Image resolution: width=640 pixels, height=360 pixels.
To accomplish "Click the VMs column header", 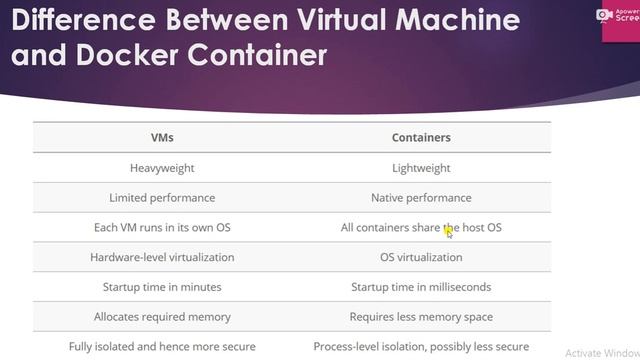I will (x=161, y=138).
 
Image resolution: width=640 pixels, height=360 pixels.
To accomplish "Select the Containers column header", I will (x=421, y=138).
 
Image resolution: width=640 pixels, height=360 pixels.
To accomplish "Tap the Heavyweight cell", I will (x=162, y=168).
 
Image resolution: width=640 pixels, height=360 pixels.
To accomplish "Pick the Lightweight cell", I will (x=421, y=168).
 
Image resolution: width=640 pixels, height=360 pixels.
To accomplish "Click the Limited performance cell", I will (x=162, y=198).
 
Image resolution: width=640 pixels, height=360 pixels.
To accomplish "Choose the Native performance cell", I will (x=421, y=198).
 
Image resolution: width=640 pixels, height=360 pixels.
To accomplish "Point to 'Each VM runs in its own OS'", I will (x=162, y=228).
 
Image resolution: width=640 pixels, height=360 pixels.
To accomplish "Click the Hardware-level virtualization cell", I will (x=162, y=257).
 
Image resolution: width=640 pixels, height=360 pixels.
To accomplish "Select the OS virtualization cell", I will (x=421, y=257).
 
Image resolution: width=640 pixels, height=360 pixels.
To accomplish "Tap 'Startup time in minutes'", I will (x=162, y=287).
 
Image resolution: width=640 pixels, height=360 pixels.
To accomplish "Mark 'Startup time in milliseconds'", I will (x=421, y=287).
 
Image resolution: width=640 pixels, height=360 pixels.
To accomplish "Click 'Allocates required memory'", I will (x=162, y=317).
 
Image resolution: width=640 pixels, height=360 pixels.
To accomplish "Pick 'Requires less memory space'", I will (x=421, y=317).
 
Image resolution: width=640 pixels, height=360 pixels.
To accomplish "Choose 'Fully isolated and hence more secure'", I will (x=162, y=347).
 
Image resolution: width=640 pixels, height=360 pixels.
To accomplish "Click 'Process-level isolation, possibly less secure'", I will (x=421, y=347).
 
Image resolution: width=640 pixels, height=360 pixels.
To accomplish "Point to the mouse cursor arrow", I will (x=449, y=232).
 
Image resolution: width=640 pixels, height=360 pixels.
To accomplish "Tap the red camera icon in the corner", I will (x=604, y=14).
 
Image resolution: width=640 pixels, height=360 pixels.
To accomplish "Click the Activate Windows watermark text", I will (x=601, y=353).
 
